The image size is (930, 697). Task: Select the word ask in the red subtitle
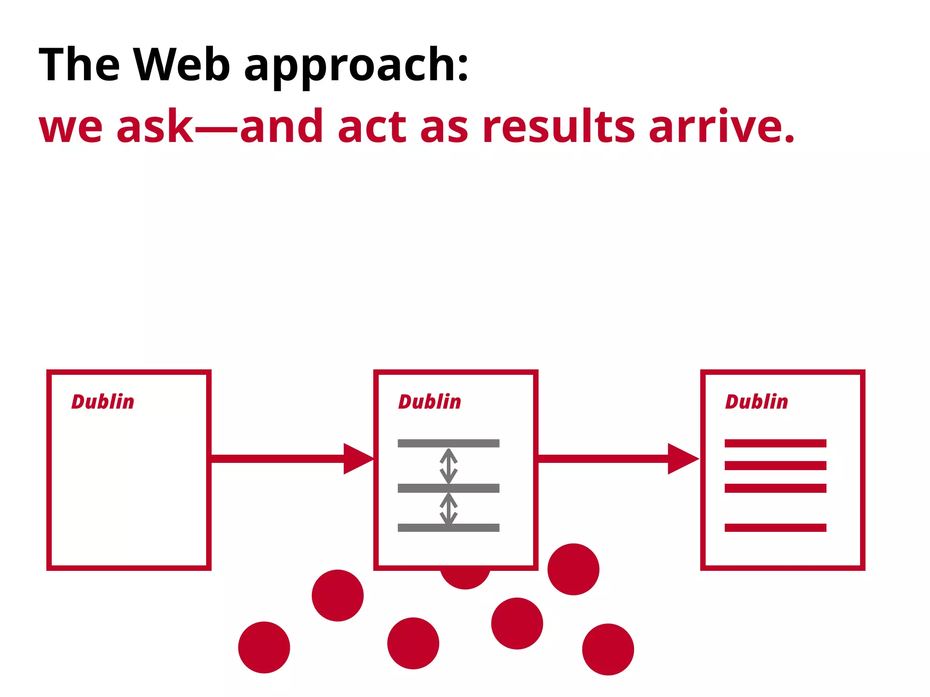click(x=155, y=127)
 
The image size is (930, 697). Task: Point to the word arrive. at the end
click(x=722, y=127)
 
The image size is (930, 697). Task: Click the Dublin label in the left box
click(x=103, y=402)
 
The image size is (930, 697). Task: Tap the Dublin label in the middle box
click(x=430, y=402)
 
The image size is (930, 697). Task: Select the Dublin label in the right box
click(x=757, y=402)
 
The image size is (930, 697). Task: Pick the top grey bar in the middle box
click(x=448, y=443)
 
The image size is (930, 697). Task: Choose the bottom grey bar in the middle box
click(x=448, y=528)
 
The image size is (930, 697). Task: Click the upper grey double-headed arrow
click(x=449, y=466)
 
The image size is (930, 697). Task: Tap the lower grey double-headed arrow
click(x=449, y=509)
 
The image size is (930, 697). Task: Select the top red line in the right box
click(x=775, y=443)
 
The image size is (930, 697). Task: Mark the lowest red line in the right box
click(x=775, y=528)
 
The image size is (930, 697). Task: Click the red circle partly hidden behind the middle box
click(x=465, y=579)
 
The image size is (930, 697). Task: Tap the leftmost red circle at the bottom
click(x=264, y=648)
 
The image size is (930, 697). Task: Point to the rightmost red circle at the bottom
click(x=608, y=649)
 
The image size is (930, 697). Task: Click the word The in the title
click(x=79, y=65)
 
